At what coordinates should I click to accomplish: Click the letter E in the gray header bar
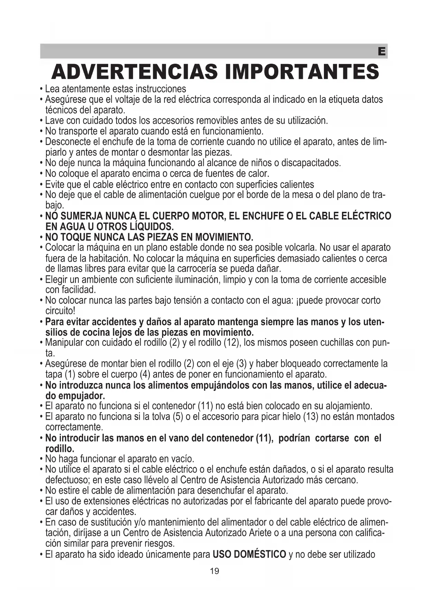pyautogui.click(x=382, y=52)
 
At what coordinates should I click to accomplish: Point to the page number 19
pyautogui.click(x=214, y=571)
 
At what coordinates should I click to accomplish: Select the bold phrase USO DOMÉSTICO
pyautogui.click(x=249, y=554)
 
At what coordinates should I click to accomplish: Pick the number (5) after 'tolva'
pyautogui.click(x=178, y=416)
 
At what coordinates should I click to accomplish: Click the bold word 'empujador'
pyautogui.click(x=82, y=396)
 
